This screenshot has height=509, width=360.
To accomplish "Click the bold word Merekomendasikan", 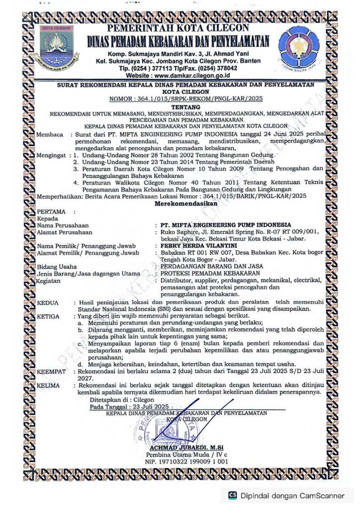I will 180,203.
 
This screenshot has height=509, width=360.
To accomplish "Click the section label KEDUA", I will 48,302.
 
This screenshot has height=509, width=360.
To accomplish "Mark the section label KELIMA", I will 50,385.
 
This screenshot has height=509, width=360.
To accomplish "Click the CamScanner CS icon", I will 232,495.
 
